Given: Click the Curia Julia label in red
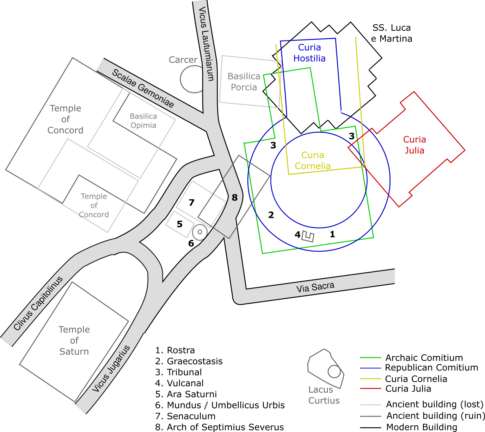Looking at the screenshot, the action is click(415, 145).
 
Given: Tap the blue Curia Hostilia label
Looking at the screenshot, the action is click(309, 53).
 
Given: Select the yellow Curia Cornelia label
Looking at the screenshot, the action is click(313, 160).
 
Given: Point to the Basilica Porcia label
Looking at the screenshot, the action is click(244, 82).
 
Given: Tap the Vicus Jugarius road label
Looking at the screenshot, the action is click(111, 369).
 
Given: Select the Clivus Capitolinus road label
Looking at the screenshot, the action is click(38, 303).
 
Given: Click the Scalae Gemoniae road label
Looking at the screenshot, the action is click(143, 88).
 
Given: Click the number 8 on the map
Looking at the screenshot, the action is click(235, 198).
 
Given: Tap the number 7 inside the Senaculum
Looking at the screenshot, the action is click(191, 203).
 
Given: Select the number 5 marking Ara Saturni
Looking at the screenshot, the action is click(180, 224).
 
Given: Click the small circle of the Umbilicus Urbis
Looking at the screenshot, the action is click(199, 232).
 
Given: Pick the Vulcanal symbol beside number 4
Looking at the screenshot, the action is click(308, 236).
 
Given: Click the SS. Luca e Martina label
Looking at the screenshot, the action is click(392, 33).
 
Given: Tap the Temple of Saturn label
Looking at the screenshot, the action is click(74, 341).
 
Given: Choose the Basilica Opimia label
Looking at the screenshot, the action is click(143, 121).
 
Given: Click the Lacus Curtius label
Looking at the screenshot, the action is click(324, 395).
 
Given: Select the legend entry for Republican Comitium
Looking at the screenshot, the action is click(431, 368).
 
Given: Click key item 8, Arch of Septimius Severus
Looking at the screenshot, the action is click(220, 427).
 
